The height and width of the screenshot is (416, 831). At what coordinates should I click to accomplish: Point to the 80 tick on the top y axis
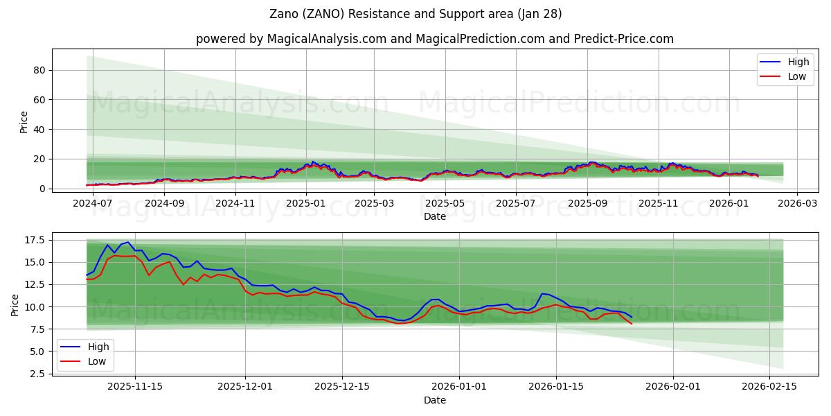40,70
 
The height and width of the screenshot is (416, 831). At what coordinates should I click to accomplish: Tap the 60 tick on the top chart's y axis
40,100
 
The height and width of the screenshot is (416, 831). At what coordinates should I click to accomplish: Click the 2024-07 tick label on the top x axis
92,203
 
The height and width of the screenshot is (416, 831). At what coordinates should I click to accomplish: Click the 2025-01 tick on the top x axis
305,203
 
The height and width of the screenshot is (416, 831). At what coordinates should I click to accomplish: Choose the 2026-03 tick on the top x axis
797,203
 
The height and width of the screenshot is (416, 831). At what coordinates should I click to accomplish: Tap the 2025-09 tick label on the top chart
587,203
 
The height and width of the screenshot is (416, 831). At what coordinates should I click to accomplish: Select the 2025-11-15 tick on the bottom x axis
135,387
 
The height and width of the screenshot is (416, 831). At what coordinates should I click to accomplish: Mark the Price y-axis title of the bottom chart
15,304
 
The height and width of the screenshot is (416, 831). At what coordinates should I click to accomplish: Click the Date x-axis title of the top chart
434,216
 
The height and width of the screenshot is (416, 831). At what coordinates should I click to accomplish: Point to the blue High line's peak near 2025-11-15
128,242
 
